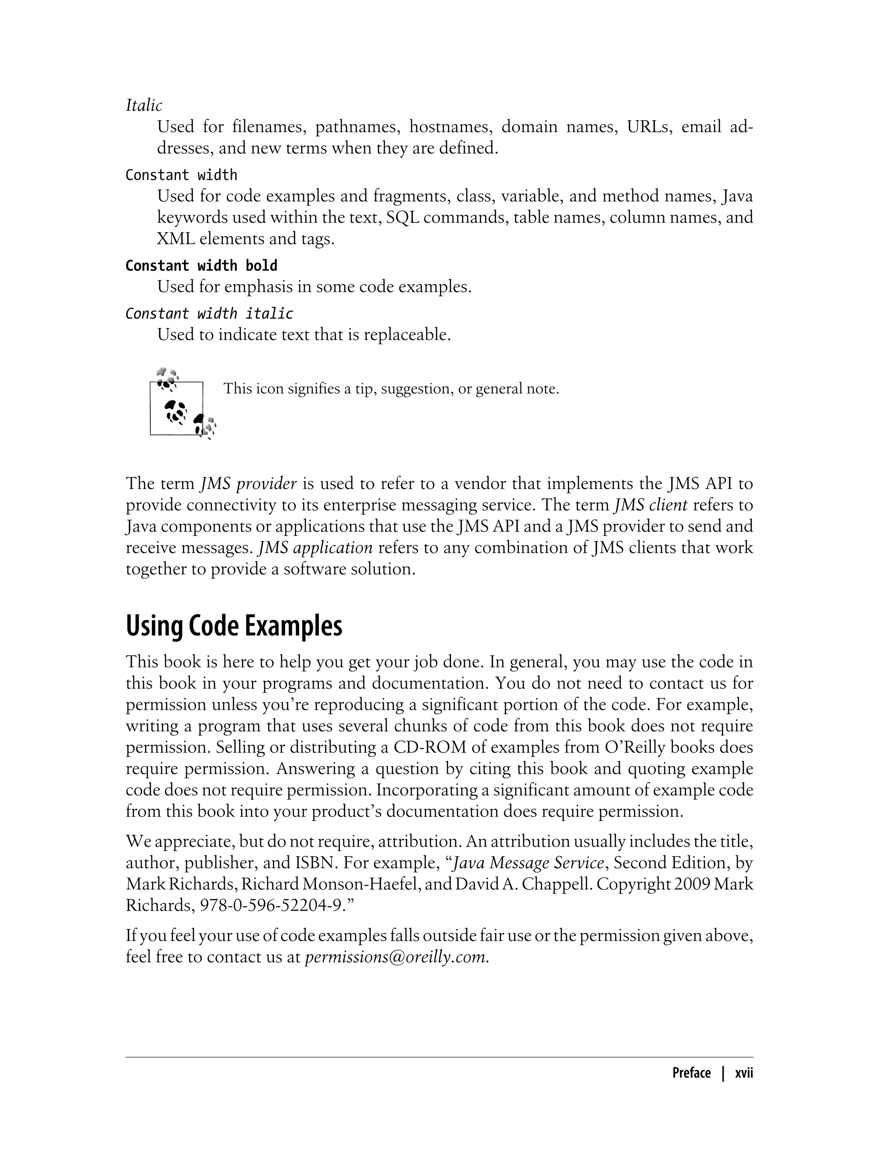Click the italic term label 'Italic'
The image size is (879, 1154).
pyautogui.click(x=144, y=105)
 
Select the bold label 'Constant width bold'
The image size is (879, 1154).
pyautogui.click(x=201, y=266)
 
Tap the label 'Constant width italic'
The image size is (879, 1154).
pyautogui.click(x=209, y=313)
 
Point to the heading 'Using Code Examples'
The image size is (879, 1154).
pyautogui.click(x=234, y=626)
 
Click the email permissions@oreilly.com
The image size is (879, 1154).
pyautogui.click(x=397, y=957)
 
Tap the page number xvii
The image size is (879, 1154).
pyautogui.click(x=743, y=1073)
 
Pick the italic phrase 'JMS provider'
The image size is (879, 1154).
pyautogui.click(x=249, y=483)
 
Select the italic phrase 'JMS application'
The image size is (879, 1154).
pyautogui.click(x=315, y=548)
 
